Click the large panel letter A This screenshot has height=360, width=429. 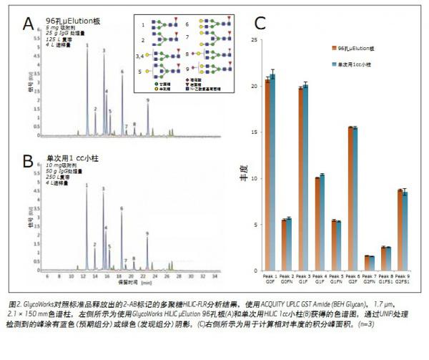tap(29, 24)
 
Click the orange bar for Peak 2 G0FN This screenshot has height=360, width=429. tap(284, 245)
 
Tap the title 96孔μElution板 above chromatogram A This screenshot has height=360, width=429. tap(76, 21)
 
